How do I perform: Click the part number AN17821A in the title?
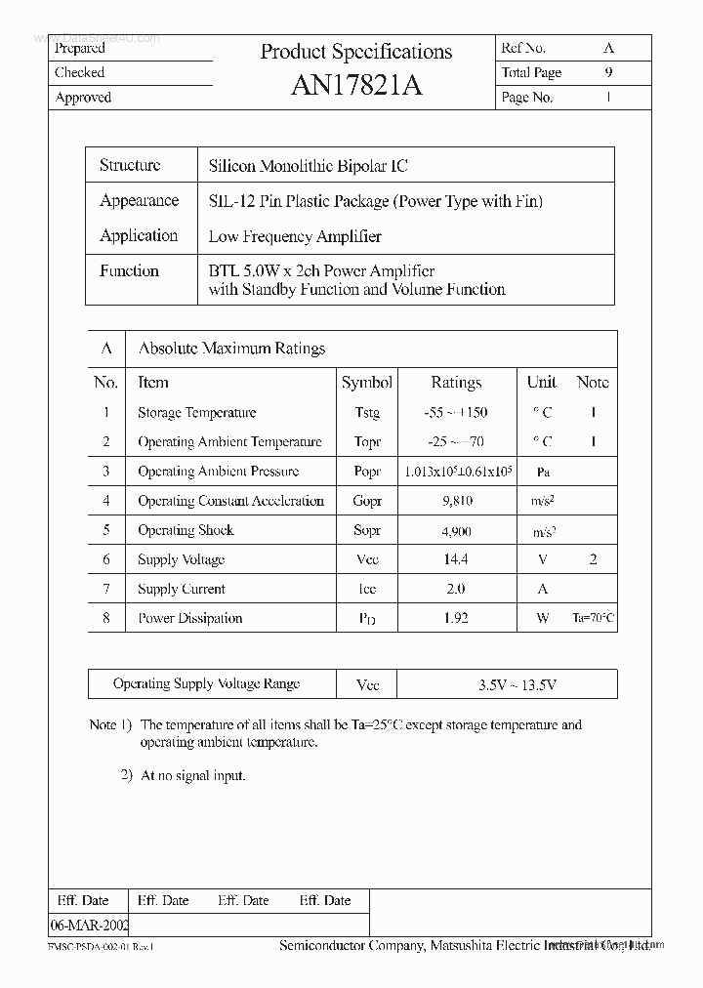coord(356,86)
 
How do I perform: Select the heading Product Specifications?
coord(356,52)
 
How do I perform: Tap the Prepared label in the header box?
coord(80,48)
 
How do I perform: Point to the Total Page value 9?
coord(609,72)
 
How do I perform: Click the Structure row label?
coord(130,165)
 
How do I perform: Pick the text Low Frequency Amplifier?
coord(295,236)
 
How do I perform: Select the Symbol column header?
coord(367,383)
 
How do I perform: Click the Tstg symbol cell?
coord(367,413)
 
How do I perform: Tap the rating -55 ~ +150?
coord(456,413)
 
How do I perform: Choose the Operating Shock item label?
coord(186,530)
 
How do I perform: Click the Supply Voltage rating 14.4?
coord(456,559)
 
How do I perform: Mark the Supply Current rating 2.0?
coord(456,589)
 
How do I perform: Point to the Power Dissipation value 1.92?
coord(456,618)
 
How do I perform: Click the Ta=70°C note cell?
coord(594,618)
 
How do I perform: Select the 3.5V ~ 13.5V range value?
coord(517,684)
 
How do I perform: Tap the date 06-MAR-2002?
coord(89,924)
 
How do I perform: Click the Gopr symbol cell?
coord(367,501)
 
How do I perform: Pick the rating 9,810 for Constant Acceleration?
coord(456,501)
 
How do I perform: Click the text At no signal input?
coord(193,775)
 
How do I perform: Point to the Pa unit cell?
coord(543,472)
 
